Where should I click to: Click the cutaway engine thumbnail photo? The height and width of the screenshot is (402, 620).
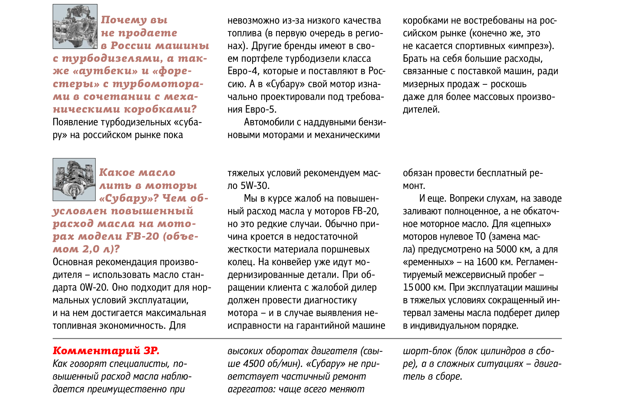pyautogui.click(x=75, y=26)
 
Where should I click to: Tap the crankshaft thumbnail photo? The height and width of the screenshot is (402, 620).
pyautogui.click(x=74, y=180)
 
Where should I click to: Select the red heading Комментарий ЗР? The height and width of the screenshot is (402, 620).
pyautogui.click(x=106, y=351)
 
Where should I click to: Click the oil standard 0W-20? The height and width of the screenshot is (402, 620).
pyautogui.click(x=94, y=287)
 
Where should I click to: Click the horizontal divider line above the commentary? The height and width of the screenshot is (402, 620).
pyautogui.click(x=307, y=338)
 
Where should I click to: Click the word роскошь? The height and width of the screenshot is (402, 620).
pyautogui.click(x=508, y=84)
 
